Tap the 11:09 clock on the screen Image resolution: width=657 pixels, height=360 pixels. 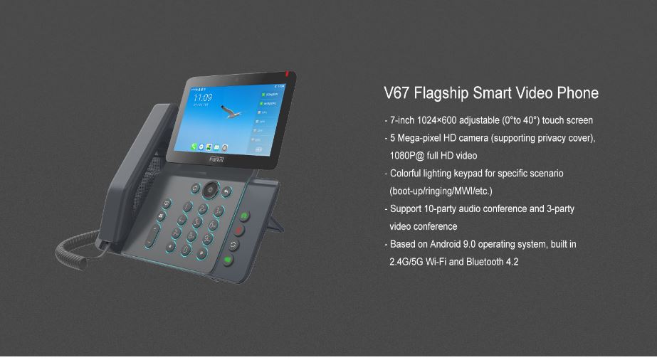tap(203, 97)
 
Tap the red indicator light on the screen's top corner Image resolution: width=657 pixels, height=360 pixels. tap(288, 73)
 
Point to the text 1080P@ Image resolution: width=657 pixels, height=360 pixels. tap(406, 156)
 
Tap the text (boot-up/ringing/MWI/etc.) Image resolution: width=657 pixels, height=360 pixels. tap(441, 191)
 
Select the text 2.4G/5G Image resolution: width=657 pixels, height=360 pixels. tap(406, 262)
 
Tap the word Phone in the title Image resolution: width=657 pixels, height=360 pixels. tap(577, 93)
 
